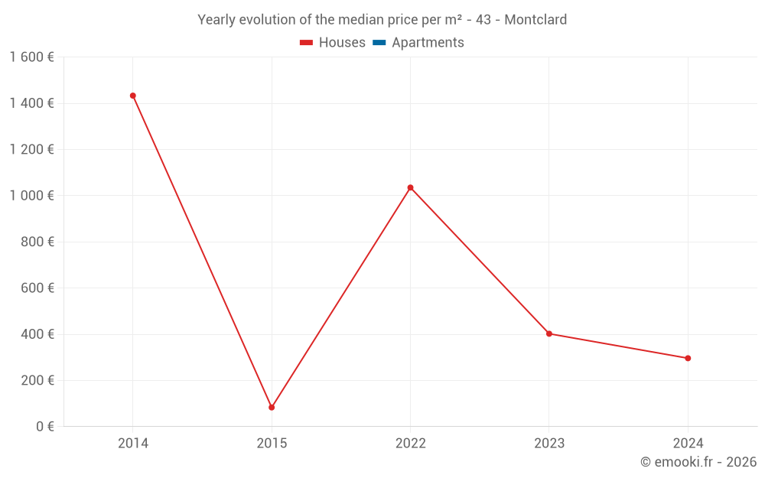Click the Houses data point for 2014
pyautogui.click(x=133, y=96)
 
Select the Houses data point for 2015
pyautogui.click(x=272, y=408)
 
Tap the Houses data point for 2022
pyautogui.click(x=411, y=187)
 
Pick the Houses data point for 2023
pyautogui.click(x=549, y=333)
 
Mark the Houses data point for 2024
pyautogui.click(x=688, y=358)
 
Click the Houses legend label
pyautogui.click(x=342, y=43)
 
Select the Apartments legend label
pyautogui.click(x=428, y=43)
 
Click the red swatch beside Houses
pyautogui.click(x=307, y=43)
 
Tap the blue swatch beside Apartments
pyautogui.click(x=379, y=43)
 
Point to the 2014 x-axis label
pyautogui.click(x=133, y=444)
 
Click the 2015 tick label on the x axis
pyautogui.click(x=272, y=444)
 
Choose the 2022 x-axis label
pyautogui.click(x=411, y=444)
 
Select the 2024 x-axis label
pyautogui.click(x=688, y=444)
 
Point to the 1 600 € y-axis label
pyautogui.click(x=31, y=57)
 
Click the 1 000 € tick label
pyautogui.click(x=31, y=196)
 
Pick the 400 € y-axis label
pyautogui.click(x=37, y=334)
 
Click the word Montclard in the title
pyautogui.click(x=535, y=20)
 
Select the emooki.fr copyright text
pyautogui.click(x=698, y=462)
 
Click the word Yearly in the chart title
pyautogui.click(x=217, y=20)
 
